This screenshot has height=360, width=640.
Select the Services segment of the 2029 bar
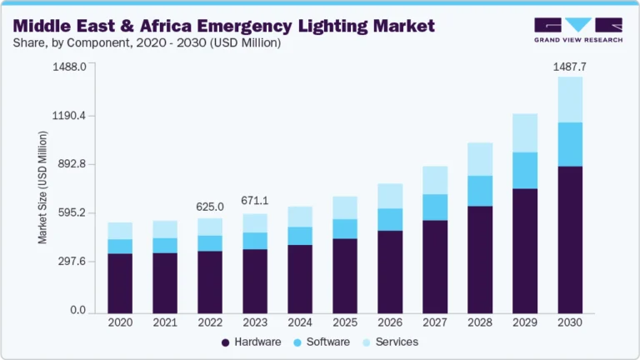tap(525, 133)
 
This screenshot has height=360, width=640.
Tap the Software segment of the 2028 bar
tap(480, 191)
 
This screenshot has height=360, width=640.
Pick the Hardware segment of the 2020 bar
tap(120, 282)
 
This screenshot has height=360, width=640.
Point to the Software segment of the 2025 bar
tap(345, 229)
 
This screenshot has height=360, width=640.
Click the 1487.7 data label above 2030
tap(570, 66)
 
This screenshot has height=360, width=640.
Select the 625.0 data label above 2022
tap(210, 207)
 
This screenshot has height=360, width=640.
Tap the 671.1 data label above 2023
tap(255, 201)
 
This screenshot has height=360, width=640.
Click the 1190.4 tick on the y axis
tap(70, 116)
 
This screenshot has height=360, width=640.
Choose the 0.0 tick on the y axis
tap(78, 311)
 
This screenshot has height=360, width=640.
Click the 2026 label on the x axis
tap(390, 322)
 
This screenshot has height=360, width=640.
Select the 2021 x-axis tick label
tap(165, 322)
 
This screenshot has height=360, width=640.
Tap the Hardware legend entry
tap(251, 342)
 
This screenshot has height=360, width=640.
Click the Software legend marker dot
tap(297, 342)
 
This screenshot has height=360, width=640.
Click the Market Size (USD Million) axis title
tap(42, 188)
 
